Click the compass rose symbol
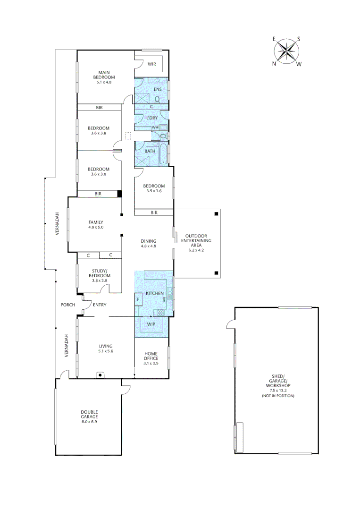(x=286, y=51)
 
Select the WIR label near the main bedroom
(x=152, y=64)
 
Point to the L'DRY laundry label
(x=151, y=118)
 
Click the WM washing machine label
(x=155, y=127)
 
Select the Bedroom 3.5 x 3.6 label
(x=154, y=188)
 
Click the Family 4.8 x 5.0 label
(x=95, y=224)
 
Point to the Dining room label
(x=148, y=243)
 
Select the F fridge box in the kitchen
(x=139, y=299)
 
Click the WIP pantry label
(x=151, y=324)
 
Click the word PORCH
(x=68, y=305)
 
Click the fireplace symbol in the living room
(x=100, y=375)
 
